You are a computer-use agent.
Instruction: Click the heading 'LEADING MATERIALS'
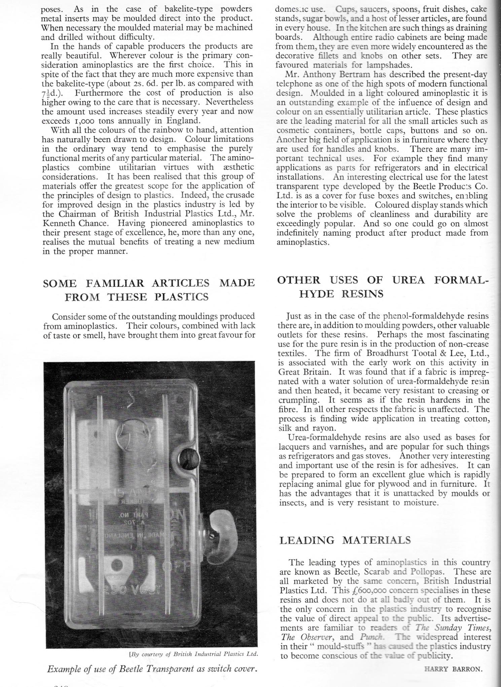coord(345,540)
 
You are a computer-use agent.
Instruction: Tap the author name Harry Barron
coord(454,669)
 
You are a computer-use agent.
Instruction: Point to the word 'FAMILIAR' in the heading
coord(114,283)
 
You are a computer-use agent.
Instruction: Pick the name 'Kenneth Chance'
coord(70,223)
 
